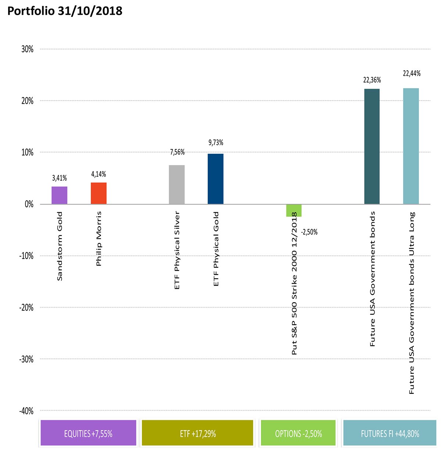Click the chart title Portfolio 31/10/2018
click(65, 11)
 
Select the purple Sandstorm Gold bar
click(59, 195)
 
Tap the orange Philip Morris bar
click(98, 193)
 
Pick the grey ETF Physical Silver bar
click(177, 185)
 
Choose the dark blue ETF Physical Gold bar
click(215, 179)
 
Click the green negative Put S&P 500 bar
click(294, 210)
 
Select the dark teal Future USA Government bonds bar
click(372, 146)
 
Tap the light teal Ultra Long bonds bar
click(411, 146)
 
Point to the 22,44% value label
click(412, 74)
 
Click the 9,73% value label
click(216, 143)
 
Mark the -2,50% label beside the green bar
click(309, 232)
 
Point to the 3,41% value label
click(60, 178)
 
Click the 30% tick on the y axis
click(28, 49)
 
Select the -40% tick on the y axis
click(26, 411)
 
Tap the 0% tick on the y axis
click(29, 205)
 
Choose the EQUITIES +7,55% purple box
click(88, 433)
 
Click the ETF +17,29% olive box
click(197, 433)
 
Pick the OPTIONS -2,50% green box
click(298, 433)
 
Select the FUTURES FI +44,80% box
click(390, 433)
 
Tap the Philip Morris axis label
click(98, 239)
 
